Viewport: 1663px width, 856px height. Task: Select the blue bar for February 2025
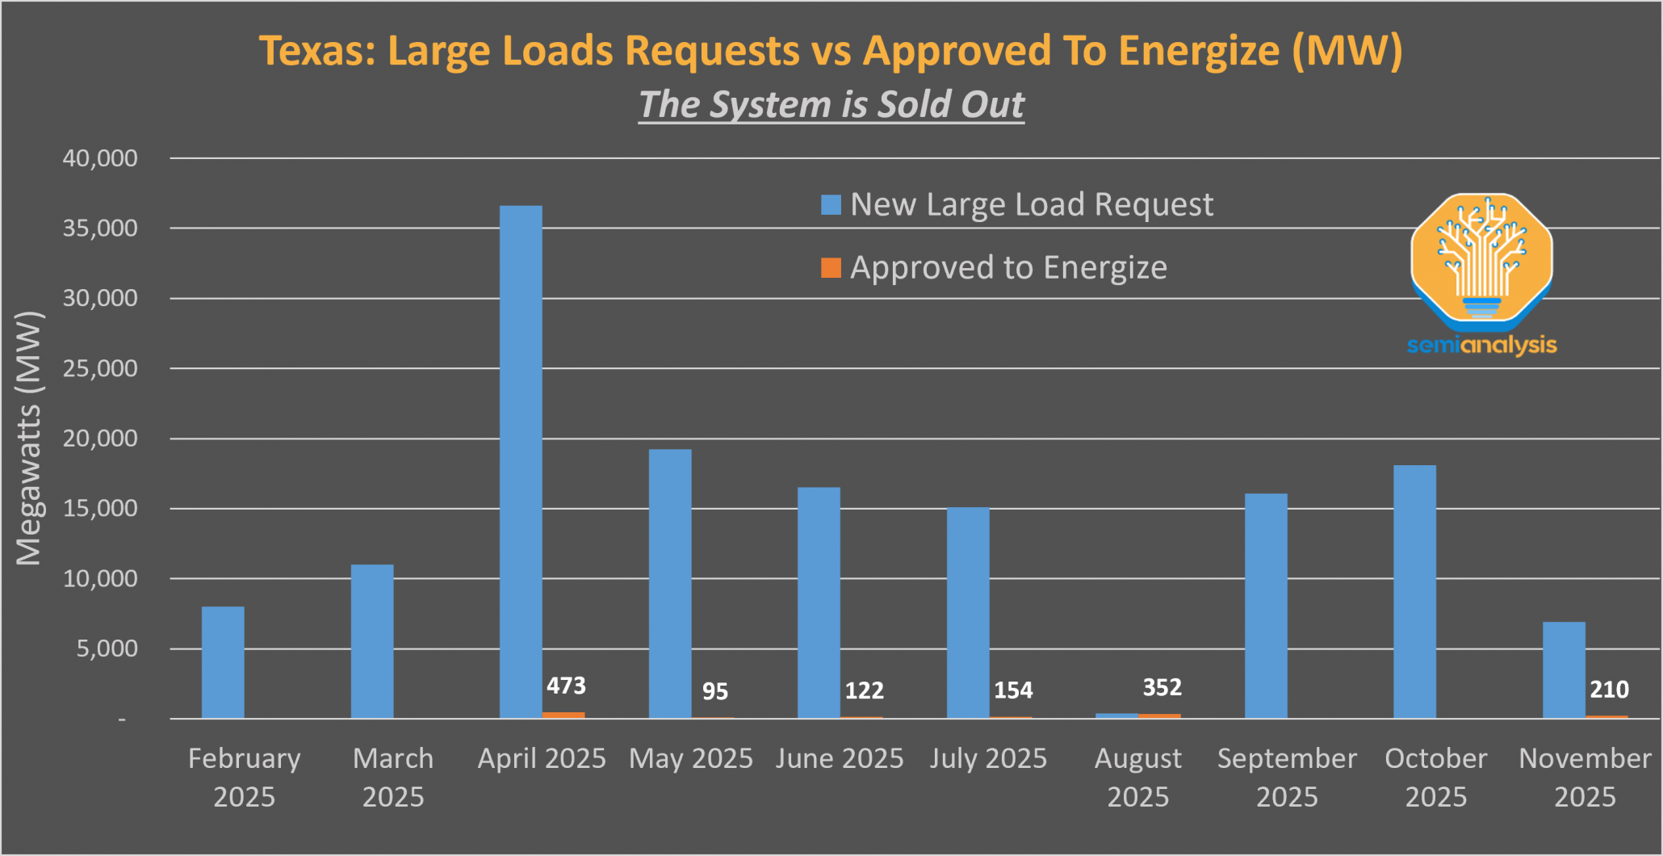click(x=223, y=662)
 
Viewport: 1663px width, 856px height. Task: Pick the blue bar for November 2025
click(x=1564, y=670)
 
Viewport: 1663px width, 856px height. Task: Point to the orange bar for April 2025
click(x=563, y=715)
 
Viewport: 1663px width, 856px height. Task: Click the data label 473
click(x=566, y=686)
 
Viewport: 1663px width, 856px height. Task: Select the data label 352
click(x=1162, y=687)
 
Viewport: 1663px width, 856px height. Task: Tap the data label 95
click(x=714, y=691)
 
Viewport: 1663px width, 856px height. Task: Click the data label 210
click(x=1609, y=690)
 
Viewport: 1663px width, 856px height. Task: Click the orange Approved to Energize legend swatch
click(x=831, y=267)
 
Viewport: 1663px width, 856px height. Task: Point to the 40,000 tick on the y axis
click(x=100, y=158)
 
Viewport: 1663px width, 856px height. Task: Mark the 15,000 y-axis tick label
click(x=100, y=509)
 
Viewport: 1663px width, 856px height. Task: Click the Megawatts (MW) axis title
click(x=29, y=438)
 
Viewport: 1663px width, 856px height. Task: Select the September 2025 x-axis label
click(x=1287, y=777)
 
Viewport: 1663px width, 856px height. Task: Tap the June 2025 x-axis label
click(x=840, y=758)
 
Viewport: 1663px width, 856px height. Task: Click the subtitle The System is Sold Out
click(x=831, y=104)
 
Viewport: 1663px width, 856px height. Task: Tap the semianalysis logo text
click(x=1481, y=346)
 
